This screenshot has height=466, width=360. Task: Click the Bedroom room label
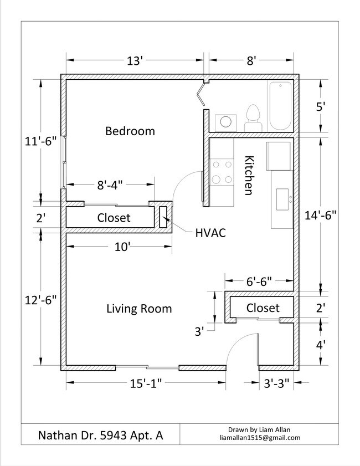(x=130, y=131)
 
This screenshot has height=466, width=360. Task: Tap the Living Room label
(x=139, y=309)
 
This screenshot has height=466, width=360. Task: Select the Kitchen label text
(x=249, y=175)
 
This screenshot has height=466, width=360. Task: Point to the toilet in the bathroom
(x=253, y=118)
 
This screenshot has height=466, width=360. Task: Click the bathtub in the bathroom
(x=280, y=105)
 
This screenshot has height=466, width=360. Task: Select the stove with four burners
(x=221, y=171)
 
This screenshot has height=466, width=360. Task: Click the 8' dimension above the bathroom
(x=251, y=61)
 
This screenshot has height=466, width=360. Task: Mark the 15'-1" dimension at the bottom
(x=147, y=382)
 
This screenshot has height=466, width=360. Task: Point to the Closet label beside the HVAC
(x=114, y=218)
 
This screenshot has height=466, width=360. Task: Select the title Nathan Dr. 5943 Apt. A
(x=100, y=435)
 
